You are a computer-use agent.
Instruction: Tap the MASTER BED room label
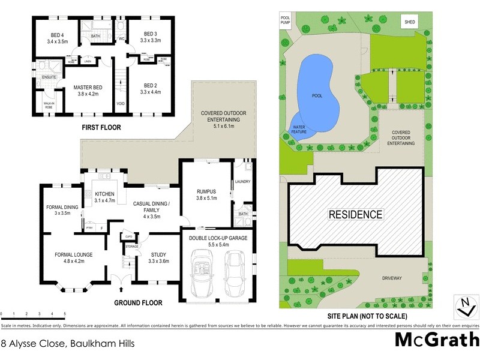86,88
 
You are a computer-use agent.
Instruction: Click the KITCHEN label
104,194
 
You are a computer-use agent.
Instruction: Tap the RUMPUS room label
206,192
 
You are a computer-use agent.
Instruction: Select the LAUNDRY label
242,181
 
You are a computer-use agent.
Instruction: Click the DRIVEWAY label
395,278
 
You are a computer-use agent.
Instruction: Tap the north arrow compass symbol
463,307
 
